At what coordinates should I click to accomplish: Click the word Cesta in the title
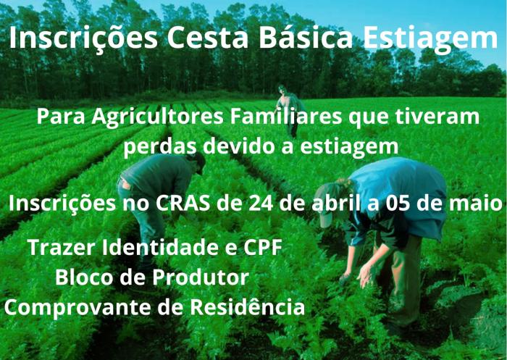point(208,38)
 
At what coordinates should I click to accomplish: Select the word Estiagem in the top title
point(430,40)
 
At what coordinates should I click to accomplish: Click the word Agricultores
point(157,117)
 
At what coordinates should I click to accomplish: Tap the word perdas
point(160,146)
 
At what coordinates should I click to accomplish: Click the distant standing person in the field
point(290,109)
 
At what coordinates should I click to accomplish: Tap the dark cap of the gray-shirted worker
point(198,161)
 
